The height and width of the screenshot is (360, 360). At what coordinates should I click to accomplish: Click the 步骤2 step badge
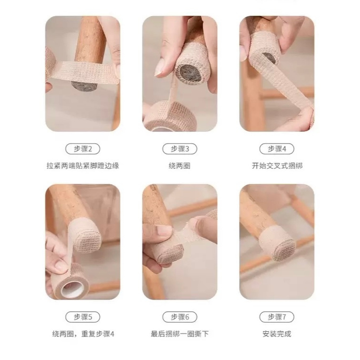click(x=83, y=149)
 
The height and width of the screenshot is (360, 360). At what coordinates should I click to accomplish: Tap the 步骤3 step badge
click(x=180, y=149)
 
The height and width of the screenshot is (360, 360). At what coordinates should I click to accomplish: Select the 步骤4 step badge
click(x=277, y=149)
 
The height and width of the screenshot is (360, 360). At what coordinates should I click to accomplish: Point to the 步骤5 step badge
click(x=83, y=317)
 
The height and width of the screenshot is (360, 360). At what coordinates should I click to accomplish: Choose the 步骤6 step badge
click(x=180, y=317)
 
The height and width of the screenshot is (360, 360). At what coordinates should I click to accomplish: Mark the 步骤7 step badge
click(x=277, y=317)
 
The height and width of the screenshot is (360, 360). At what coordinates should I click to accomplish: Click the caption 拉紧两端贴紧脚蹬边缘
click(x=83, y=165)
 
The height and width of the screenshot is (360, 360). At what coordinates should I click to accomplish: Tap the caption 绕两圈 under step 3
click(x=180, y=165)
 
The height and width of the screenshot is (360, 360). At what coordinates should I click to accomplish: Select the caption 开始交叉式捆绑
click(x=277, y=165)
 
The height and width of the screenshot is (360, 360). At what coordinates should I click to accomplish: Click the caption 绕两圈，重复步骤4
click(x=83, y=334)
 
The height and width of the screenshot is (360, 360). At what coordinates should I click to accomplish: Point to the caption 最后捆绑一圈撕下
click(x=180, y=334)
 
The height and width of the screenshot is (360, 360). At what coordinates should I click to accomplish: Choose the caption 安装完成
click(x=277, y=334)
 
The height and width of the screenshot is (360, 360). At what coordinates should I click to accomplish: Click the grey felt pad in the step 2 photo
click(x=84, y=86)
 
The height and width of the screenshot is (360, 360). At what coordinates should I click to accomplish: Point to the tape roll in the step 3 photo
click(x=170, y=116)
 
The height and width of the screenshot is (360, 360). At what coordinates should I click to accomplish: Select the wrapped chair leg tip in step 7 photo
click(x=278, y=244)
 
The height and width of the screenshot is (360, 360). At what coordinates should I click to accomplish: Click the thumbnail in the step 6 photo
click(x=163, y=230)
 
